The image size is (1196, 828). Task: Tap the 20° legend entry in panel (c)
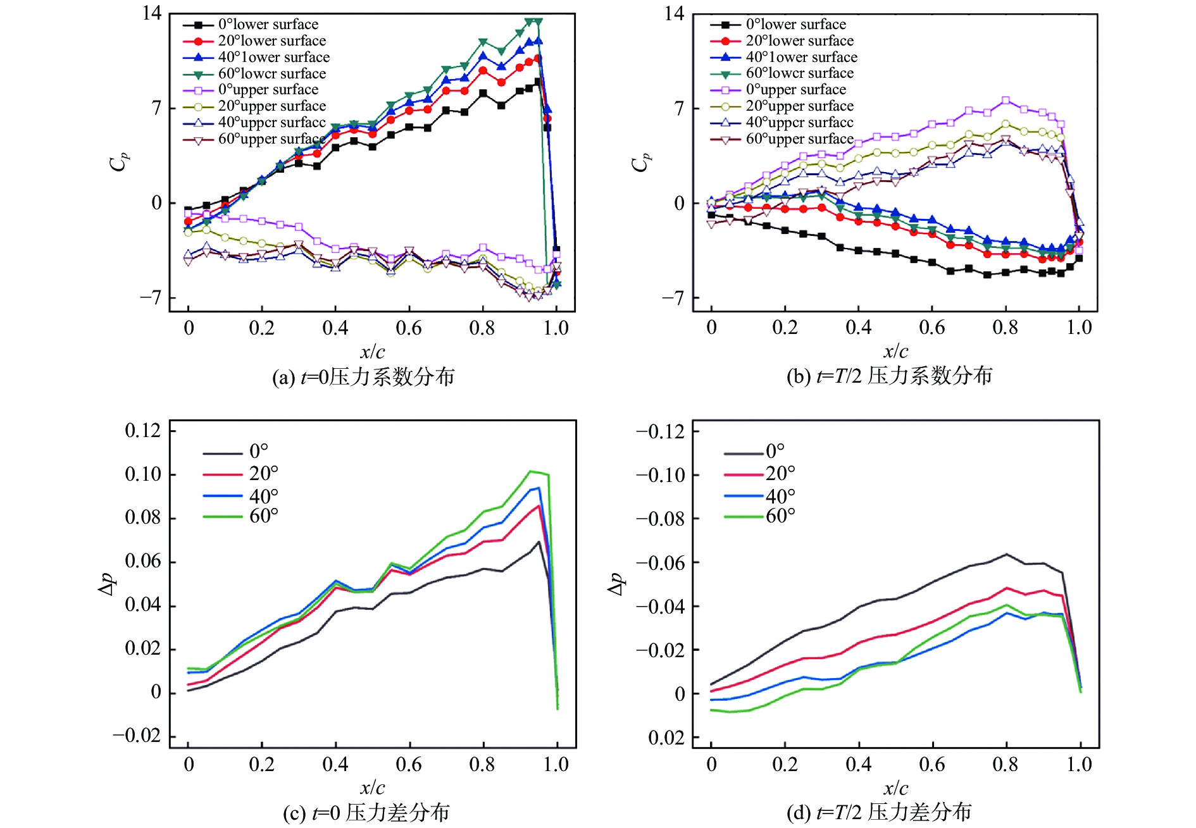(263, 473)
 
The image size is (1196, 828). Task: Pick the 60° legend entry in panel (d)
(780, 516)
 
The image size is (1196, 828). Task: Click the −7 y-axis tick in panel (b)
(673, 297)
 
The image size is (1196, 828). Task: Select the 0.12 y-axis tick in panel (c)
(143, 431)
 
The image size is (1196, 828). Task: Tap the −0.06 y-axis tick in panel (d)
(661, 562)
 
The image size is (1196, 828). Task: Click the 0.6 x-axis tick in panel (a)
(409, 328)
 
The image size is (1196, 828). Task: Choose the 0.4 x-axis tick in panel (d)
(858, 764)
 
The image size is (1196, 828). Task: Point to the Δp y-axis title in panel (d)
(616, 584)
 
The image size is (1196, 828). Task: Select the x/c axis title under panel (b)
(895, 351)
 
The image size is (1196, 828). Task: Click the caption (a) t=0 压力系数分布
(363, 377)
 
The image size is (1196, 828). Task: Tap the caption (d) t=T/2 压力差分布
(879, 812)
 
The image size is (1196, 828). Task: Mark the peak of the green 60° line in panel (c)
(531, 471)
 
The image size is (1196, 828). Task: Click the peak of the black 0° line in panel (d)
(1006, 554)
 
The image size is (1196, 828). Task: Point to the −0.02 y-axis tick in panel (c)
(137, 736)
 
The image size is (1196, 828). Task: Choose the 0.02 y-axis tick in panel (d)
(666, 738)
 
